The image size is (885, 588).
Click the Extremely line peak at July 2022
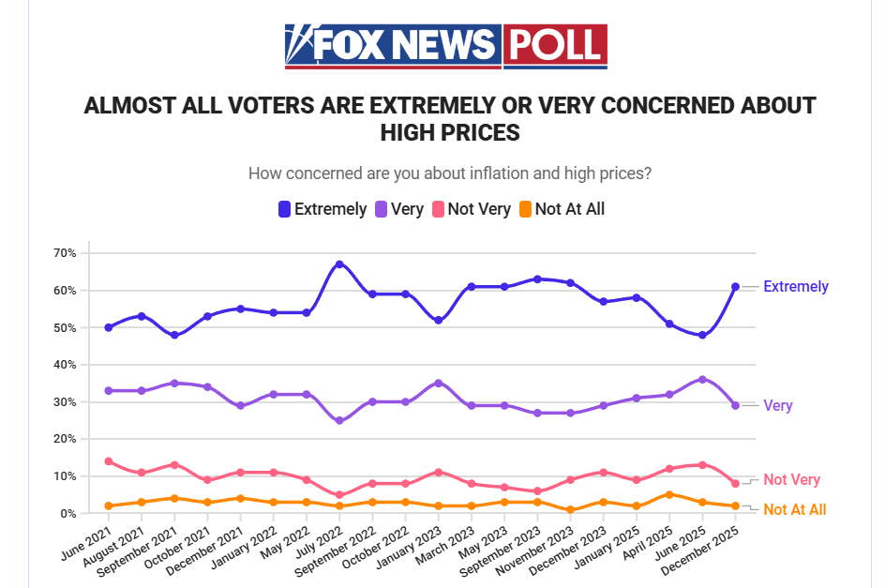(x=339, y=264)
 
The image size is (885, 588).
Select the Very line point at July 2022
(x=339, y=420)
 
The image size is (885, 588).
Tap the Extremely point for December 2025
(x=736, y=287)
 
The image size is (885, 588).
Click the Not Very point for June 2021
(x=109, y=461)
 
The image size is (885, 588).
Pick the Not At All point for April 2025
(x=669, y=494)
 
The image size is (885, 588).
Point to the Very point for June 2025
(x=702, y=380)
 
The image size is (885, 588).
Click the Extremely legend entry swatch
(x=284, y=209)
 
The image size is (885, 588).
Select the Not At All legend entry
(x=569, y=209)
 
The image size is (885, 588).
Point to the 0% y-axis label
(x=67, y=514)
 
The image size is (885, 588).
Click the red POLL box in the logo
(x=555, y=45)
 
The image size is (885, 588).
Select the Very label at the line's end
(x=777, y=406)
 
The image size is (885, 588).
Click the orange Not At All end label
(x=794, y=510)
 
